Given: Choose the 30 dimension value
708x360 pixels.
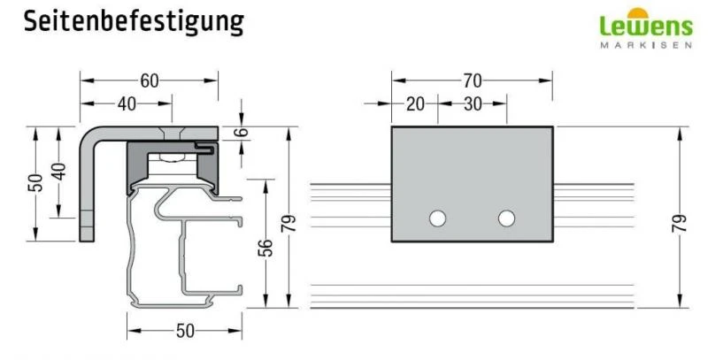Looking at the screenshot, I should coord(472,103).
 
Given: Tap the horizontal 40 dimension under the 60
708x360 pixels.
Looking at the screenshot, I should coord(126,103).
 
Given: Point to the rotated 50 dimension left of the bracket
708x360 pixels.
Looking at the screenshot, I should coord(35,182).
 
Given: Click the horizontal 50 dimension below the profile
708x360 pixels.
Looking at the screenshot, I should coord(184,331).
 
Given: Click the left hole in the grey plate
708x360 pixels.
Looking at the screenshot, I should coord(437,218).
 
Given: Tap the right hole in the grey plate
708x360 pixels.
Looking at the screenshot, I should coord(506,218).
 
